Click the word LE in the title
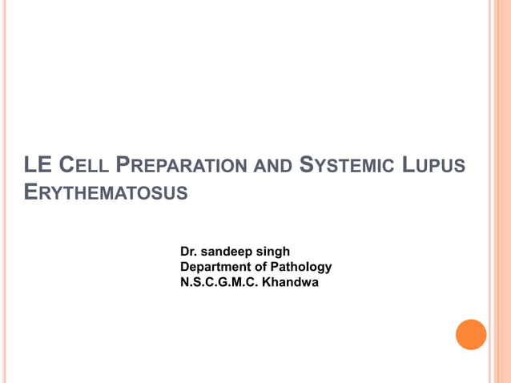[x=37, y=167]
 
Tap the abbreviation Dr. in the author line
[x=189, y=252]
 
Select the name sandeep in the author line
[x=229, y=252]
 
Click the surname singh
[x=276, y=252]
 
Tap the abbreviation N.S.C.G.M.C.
[x=219, y=282]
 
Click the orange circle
[x=471, y=334]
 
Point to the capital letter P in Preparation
[x=123, y=167]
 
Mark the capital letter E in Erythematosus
[x=31, y=193]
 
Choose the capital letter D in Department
[x=185, y=267]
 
